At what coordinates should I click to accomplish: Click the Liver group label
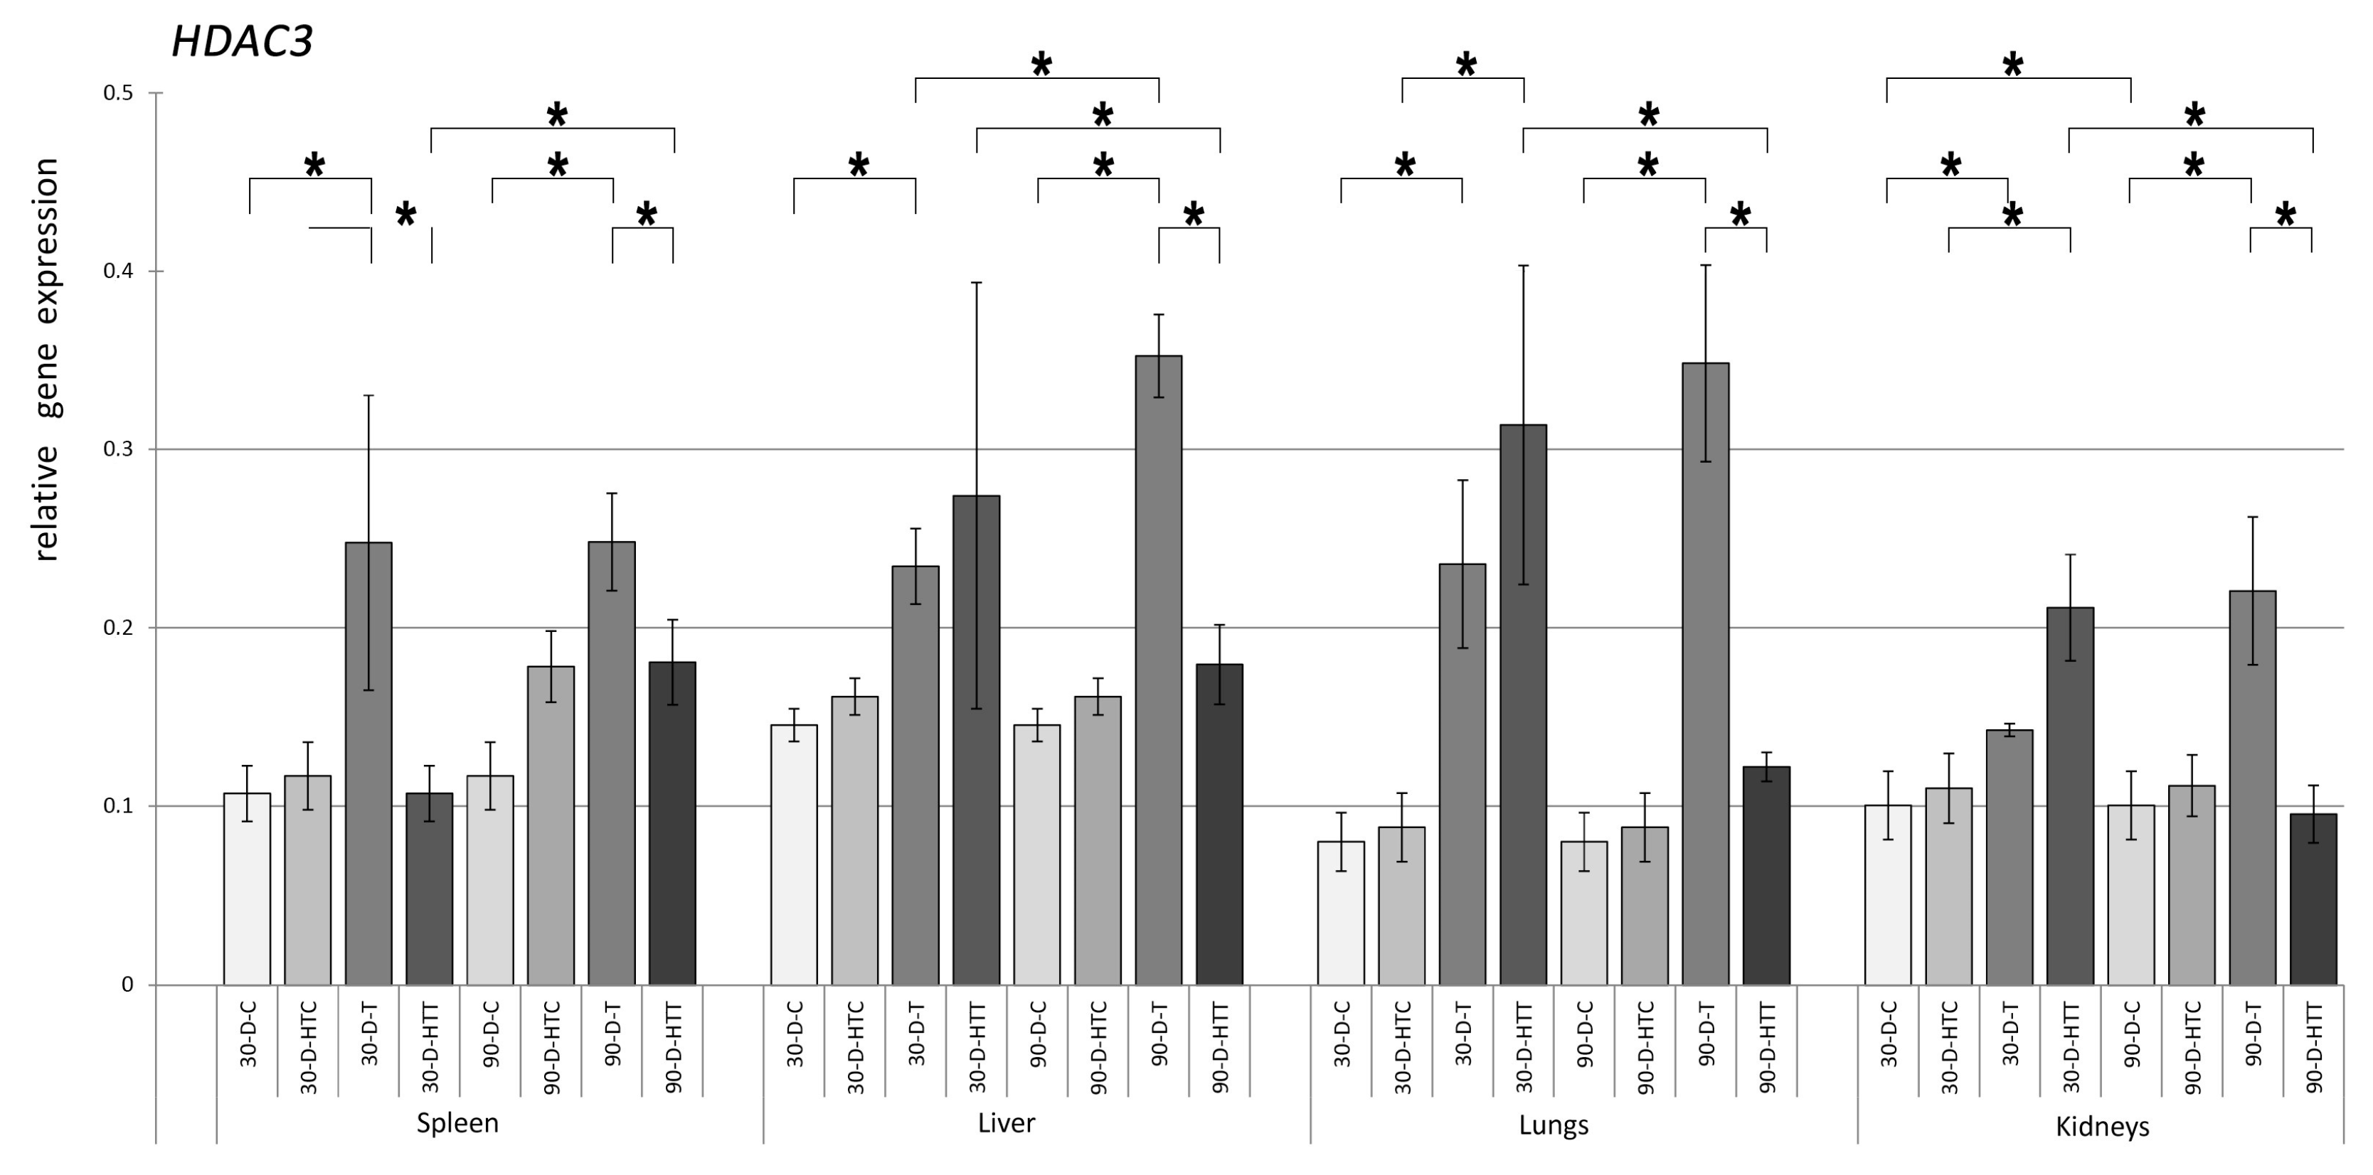click(1006, 1123)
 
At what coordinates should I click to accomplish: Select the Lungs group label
click(1553, 1125)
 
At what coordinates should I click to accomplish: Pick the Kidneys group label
click(2102, 1126)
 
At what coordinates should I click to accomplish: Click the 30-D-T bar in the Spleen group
click(368, 764)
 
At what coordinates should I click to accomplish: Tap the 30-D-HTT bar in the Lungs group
click(1523, 704)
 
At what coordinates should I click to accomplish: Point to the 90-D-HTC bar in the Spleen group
click(551, 825)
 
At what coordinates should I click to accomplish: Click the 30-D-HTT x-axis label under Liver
click(977, 1048)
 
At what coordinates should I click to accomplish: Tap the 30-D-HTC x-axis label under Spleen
click(309, 1047)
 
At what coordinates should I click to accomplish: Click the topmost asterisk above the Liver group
click(1041, 65)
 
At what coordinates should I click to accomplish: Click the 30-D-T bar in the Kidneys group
click(2009, 857)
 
